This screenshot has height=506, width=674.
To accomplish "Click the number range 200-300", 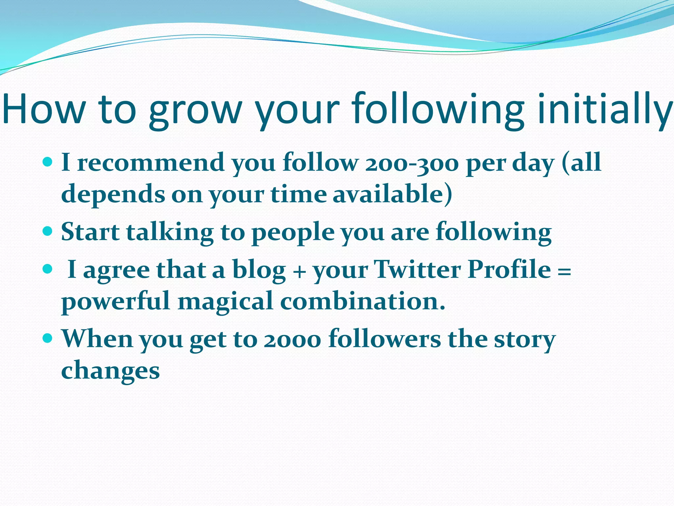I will [x=411, y=163].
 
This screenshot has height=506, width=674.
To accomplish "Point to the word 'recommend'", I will [x=151, y=163].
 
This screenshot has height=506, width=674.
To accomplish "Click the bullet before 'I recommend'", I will [x=48, y=162].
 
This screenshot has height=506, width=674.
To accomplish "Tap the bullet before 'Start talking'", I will [x=48, y=231].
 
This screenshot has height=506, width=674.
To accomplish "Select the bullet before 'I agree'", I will [x=48, y=269].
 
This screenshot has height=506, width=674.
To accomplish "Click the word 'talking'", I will [x=170, y=232].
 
